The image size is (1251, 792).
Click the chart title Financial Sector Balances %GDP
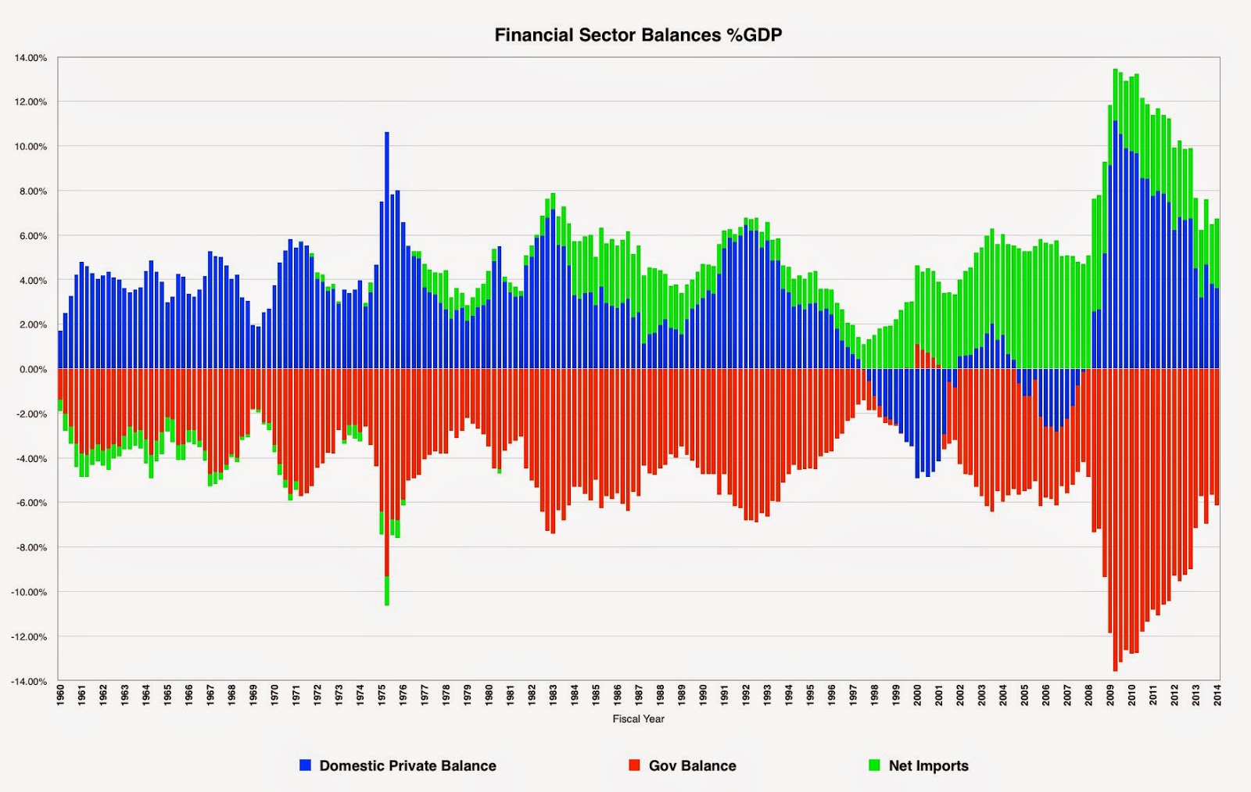pyautogui.click(x=638, y=35)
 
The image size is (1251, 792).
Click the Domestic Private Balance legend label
pyautogui.click(x=407, y=765)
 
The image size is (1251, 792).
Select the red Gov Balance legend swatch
pyautogui.click(x=634, y=765)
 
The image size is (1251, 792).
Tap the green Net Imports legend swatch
pyautogui.click(x=874, y=765)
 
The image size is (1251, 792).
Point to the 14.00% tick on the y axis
pyautogui.click(x=30, y=58)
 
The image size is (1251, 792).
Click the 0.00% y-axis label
pyautogui.click(x=33, y=369)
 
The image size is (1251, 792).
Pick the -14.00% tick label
pyautogui.click(x=29, y=681)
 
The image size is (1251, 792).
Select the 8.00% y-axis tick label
pyautogui.click(x=33, y=191)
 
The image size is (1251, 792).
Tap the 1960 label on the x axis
pyautogui.click(x=61, y=695)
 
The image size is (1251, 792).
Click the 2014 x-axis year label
pyautogui.click(x=1217, y=695)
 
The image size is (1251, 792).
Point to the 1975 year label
pyautogui.click(x=382, y=695)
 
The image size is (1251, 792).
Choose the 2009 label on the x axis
pyautogui.click(x=1110, y=695)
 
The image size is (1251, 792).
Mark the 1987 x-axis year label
pyautogui.click(x=639, y=695)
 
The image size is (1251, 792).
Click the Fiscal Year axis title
pyautogui.click(x=638, y=719)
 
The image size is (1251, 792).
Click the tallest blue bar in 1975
pyautogui.click(x=386, y=250)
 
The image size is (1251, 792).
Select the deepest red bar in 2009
pyautogui.click(x=1115, y=520)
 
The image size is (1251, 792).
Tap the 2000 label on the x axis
pyautogui.click(x=917, y=695)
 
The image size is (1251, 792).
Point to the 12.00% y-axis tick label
pyautogui.click(x=30, y=102)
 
